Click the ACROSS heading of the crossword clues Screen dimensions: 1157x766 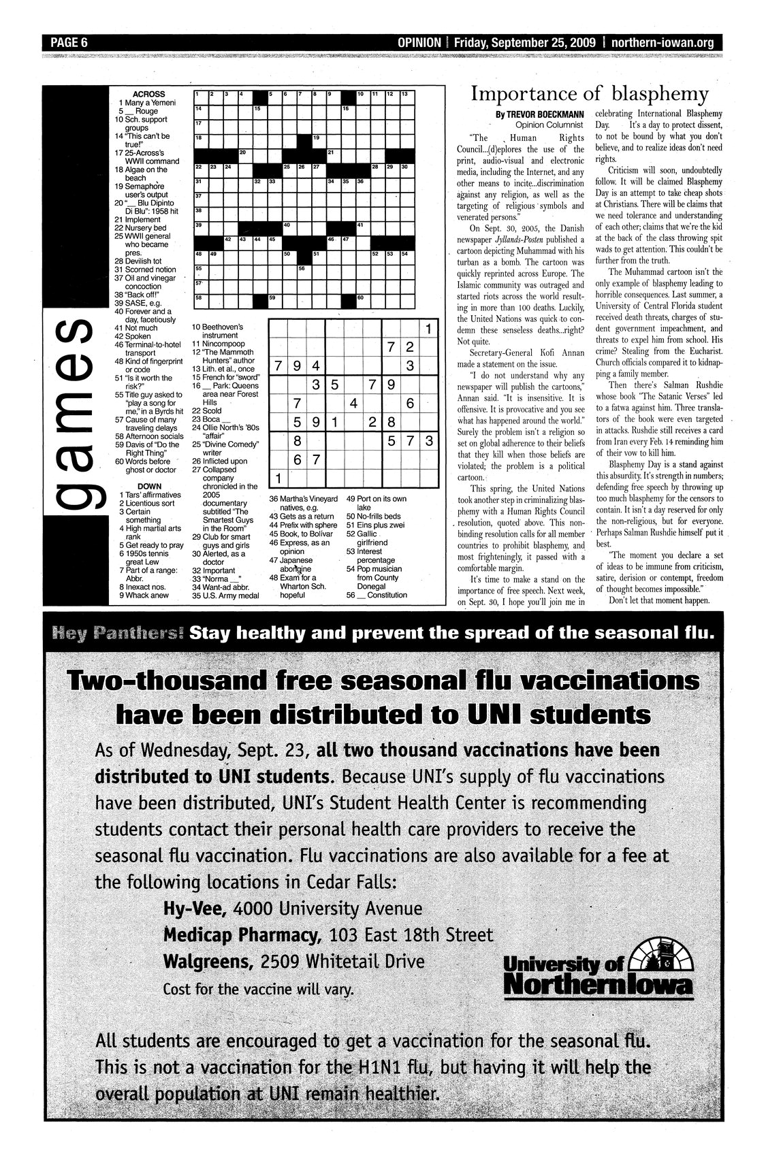click(x=148, y=94)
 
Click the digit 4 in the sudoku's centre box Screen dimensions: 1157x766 click(x=353, y=403)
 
